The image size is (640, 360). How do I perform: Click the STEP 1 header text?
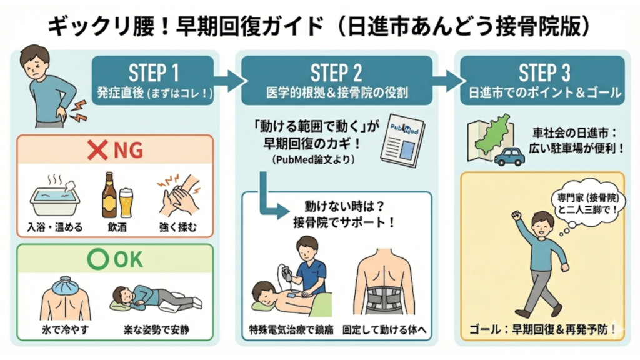coord(154,72)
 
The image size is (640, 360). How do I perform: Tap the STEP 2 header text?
coord(336,72)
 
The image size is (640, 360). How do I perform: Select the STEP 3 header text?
coord(545,72)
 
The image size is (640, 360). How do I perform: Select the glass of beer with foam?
coord(126,202)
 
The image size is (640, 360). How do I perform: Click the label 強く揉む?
coord(177,227)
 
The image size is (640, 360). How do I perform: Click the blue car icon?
coord(509,156)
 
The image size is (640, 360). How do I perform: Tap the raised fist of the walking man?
coord(516,216)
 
